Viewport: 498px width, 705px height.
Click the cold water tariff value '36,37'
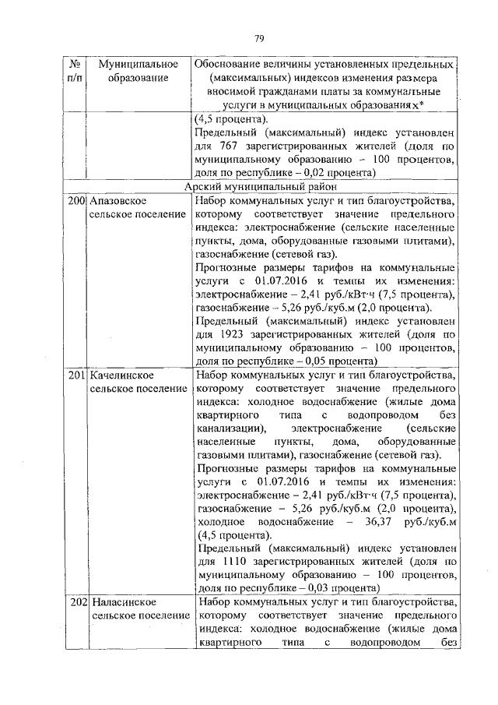coord(381,521)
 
